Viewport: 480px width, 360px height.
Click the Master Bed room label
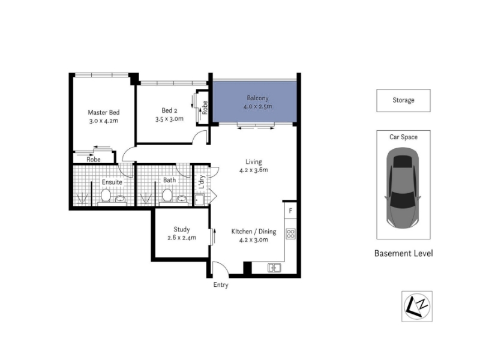pyautogui.click(x=103, y=112)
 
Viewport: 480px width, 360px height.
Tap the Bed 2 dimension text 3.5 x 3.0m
pyautogui.click(x=169, y=119)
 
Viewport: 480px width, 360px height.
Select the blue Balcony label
pyautogui.click(x=257, y=98)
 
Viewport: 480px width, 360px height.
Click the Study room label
pyautogui.click(x=182, y=229)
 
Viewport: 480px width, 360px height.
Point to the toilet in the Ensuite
pyautogui.click(x=106, y=196)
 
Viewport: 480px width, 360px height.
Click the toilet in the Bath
pyautogui.click(x=167, y=196)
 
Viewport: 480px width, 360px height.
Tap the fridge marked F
pyautogui.click(x=290, y=211)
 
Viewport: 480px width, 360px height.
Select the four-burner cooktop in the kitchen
pyautogui.click(x=290, y=234)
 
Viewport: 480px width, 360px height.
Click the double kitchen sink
pyautogui.click(x=274, y=268)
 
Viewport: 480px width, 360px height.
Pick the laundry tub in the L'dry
pyautogui.click(x=199, y=200)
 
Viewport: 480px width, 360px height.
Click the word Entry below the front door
pyautogui.click(x=221, y=284)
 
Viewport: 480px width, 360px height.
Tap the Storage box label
pyautogui.click(x=403, y=100)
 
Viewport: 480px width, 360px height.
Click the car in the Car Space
pyautogui.click(x=403, y=188)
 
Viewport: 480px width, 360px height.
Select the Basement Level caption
pyautogui.click(x=403, y=253)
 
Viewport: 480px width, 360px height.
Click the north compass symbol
pyautogui.click(x=416, y=306)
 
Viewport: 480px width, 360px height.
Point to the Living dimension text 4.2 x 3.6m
pyautogui.click(x=253, y=170)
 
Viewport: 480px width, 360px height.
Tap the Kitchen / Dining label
pyautogui.click(x=254, y=232)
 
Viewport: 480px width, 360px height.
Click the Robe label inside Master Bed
pyautogui.click(x=94, y=160)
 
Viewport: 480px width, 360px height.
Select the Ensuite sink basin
pyautogui.click(x=121, y=199)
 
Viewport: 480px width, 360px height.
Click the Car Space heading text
pyautogui.click(x=403, y=137)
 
